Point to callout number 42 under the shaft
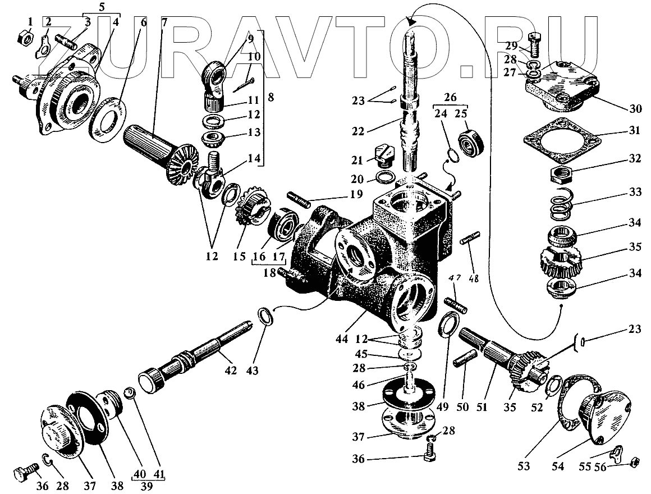(x=231, y=370)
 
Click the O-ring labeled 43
(x=266, y=315)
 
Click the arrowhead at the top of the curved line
(x=413, y=21)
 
